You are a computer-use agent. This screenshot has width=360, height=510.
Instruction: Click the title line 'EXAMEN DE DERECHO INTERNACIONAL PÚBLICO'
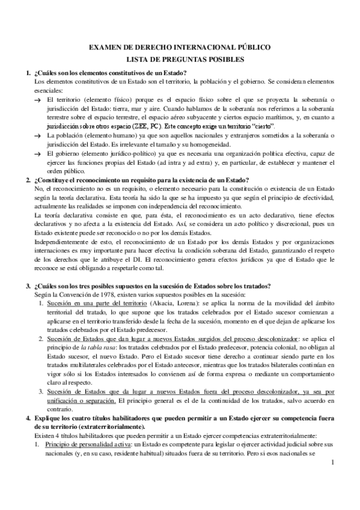[179, 47]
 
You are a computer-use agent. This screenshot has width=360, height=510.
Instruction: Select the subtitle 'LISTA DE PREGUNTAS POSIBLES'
[179, 60]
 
